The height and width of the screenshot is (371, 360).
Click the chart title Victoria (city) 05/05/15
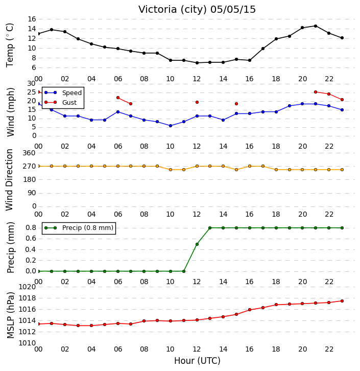tap(197, 10)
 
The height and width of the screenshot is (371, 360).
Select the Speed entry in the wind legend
tap(63, 93)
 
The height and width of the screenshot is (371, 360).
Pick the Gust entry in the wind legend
tap(61, 102)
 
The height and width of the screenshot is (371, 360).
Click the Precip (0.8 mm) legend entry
tap(79, 228)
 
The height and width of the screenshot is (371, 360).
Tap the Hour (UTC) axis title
tap(197, 361)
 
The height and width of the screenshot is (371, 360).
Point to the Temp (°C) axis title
tap(10, 45)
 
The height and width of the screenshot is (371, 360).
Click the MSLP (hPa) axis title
tap(10, 315)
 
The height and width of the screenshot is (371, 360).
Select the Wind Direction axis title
tap(9, 180)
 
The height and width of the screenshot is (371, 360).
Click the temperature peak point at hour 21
tap(316, 26)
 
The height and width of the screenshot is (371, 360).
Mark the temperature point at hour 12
tap(197, 63)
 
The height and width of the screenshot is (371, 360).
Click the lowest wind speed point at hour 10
tap(171, 126)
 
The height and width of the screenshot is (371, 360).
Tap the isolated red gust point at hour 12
tap(197, 102)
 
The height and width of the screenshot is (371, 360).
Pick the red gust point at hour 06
tap(118, 98)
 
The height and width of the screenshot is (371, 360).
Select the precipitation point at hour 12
tap(197, 244)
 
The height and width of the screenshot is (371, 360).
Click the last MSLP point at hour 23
tap(342, 301)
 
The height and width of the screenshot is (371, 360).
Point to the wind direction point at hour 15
tap(236, 170)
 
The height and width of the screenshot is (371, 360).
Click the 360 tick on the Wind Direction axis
tap(29, 153)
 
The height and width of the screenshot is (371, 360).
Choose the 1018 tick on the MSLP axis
tap(27, 298)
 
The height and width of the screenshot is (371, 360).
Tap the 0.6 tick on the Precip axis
tap(31, 239)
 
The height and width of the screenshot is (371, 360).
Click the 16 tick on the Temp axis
tap(32, 19)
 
